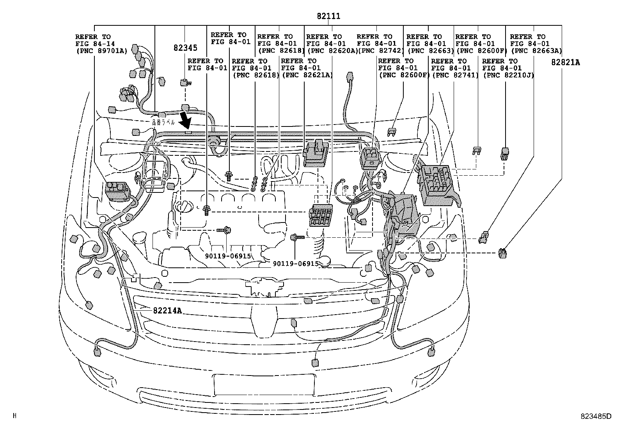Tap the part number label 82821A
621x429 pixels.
565,62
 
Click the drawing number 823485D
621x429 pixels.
596,416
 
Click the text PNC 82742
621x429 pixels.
380,51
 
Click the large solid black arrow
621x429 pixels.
186,120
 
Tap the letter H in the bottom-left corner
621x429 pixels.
15,416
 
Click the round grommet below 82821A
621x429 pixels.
502,254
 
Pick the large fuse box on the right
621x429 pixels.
438,185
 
